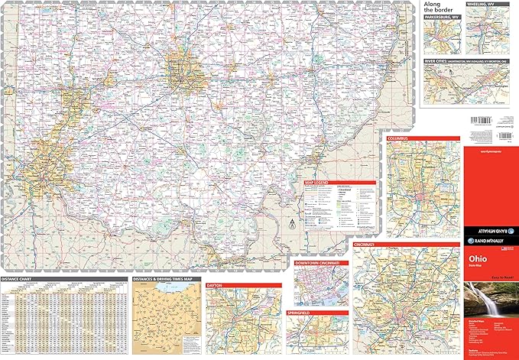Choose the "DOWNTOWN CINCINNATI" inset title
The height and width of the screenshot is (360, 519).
pos(321,262)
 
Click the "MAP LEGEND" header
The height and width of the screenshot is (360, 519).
pos(318,183)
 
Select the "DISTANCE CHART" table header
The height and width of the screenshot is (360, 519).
pos(18,279)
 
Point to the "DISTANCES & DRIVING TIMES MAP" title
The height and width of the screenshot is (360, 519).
pos(162,279)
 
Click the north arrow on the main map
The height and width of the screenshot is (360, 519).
pos(292,225)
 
